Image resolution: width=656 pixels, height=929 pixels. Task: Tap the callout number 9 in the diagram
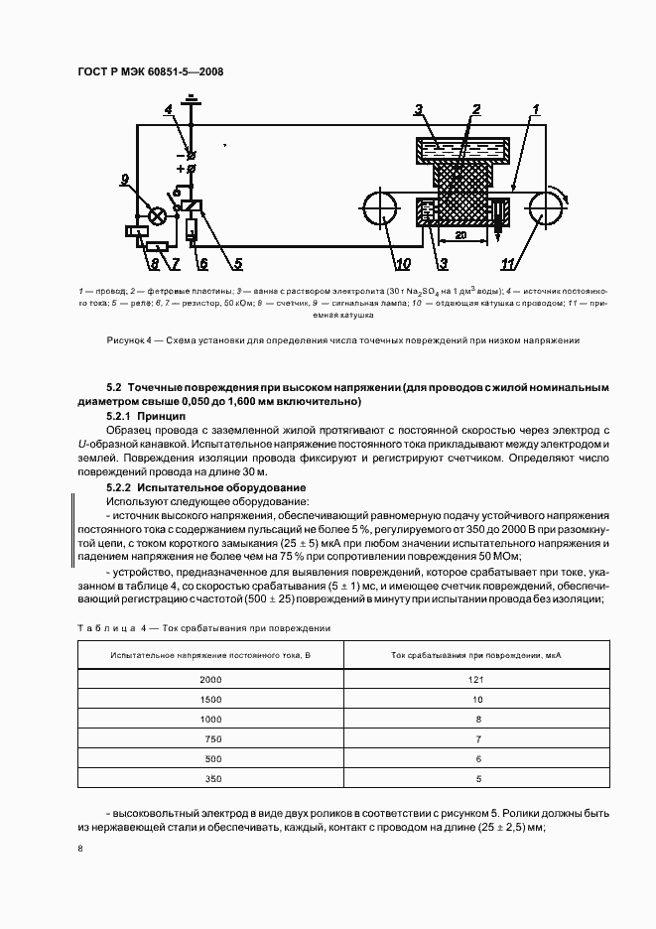click(x=125, y=180)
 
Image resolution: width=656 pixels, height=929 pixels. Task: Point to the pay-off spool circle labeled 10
click(x=378, y=212)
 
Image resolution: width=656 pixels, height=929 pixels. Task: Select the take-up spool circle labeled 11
click(x=544, y=211)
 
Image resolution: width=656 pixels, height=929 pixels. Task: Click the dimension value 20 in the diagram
click(x=460, y=236)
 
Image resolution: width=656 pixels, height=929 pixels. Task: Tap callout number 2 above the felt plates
click(x=476, y=109)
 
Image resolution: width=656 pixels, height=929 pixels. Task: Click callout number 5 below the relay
click(x=237, y=264)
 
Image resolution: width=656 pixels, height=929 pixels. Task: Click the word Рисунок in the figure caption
click(x=127, y=340)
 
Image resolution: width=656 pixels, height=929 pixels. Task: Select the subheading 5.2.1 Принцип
click(x=146, y=418)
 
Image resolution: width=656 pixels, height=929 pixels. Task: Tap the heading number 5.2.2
click(x=119, y=488)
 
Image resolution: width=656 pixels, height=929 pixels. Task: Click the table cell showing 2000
click(x=210, y=679)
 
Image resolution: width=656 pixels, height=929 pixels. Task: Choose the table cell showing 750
click(x=210, y=739)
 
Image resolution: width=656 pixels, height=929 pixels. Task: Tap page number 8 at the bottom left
click(x=79, y=849)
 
